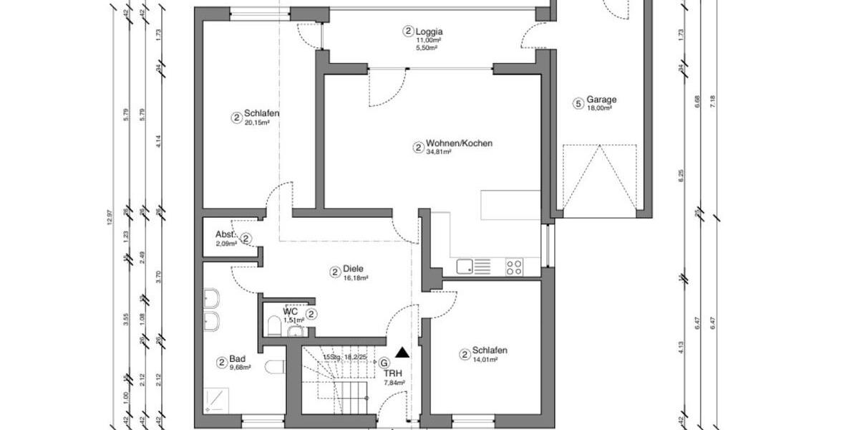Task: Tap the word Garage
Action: coord(601,100)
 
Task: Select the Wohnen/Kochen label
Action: coord(459,143)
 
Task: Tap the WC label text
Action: coord(290,312)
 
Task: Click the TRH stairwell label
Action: coord(393,373)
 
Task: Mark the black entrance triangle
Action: coord(402,352)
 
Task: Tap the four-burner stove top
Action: coord(514,267)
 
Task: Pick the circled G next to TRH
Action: coord(384,363)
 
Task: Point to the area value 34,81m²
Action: coord(437,153)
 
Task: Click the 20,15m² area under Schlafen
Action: coord(256,123)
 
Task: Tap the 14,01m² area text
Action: coord(483,359)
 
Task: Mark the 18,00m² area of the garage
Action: coord(599,108)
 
